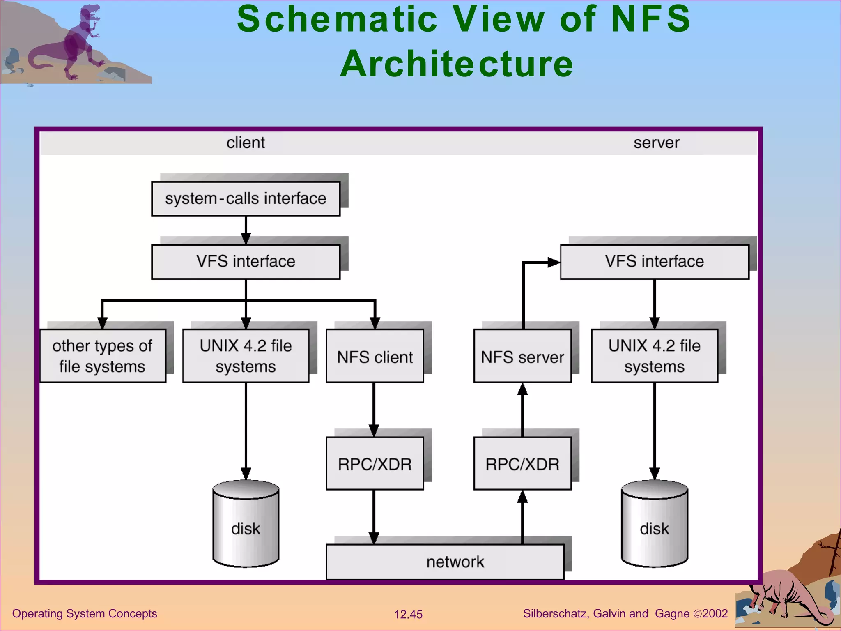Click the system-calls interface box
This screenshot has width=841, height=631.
[x=246, y=199]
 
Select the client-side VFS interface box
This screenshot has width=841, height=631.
[x=246, y=262]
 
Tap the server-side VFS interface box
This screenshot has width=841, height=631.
[x=654, y=262]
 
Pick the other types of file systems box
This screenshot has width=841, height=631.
[x=103, y=356]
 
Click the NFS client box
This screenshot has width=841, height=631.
[x=375, y=356]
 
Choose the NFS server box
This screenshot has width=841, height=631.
[x=522, y=356]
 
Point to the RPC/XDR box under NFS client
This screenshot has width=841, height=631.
[x=375, y=463]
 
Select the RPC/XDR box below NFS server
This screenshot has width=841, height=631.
[x=522, y=463]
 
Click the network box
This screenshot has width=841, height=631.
[x=445, y=562]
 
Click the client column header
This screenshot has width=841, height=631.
[x=246, y=143]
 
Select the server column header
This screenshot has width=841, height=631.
[x=656, y=143]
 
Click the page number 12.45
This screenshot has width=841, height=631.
[x=408, y=615]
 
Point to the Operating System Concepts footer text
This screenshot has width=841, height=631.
[x=85, y=614]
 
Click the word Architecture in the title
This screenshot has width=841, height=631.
[x=456, y=64]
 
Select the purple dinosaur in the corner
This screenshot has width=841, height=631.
[x=78, y=41]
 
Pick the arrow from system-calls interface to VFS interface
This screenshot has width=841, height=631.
[x=246, y=230]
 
